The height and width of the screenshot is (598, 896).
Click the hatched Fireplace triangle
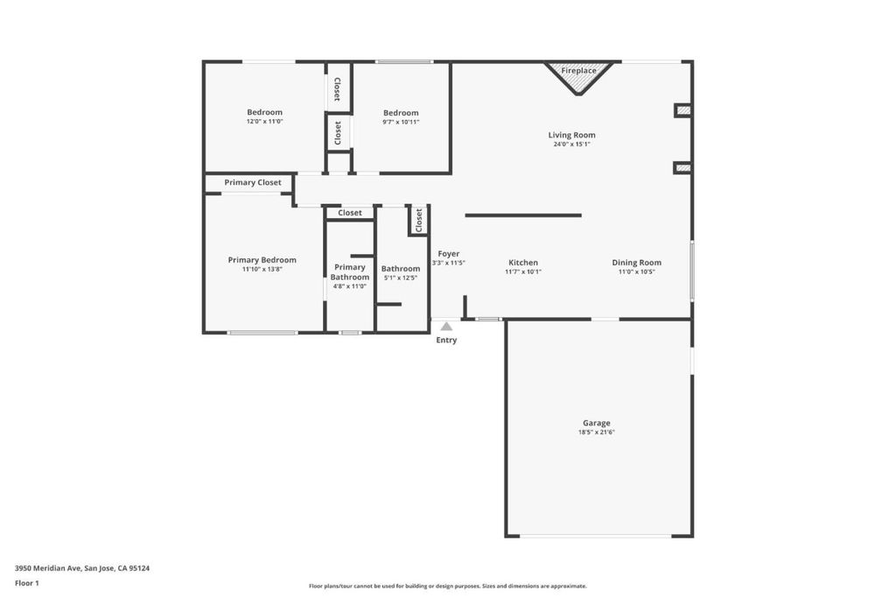(578, 78)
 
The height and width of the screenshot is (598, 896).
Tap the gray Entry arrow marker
(446, 326)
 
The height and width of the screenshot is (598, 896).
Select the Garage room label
(597, 423)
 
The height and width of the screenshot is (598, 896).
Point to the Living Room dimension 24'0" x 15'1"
(571, 144)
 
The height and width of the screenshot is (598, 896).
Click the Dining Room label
(637, 263)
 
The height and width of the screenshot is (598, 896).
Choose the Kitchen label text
(523, 263)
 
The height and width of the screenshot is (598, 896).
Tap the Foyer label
(449, 253)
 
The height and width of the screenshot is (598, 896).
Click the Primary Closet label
(253, 182)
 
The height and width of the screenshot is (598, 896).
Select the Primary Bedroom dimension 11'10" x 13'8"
(262, 269)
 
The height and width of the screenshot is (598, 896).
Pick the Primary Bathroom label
(350, 272)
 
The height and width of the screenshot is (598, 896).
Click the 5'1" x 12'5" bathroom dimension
(401, 278)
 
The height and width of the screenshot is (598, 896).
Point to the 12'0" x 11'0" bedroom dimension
(264, 121)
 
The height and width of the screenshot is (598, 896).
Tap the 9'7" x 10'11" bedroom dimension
(401, 122)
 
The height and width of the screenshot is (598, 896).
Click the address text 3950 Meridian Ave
(48, 568)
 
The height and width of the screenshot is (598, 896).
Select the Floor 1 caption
(27, 583)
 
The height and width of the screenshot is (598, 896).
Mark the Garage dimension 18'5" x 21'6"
(597, 433)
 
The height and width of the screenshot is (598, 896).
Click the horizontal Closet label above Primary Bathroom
(350, 213)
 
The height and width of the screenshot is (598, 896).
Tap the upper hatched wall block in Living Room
(682, 110)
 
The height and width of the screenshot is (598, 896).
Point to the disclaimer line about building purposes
(447, 586)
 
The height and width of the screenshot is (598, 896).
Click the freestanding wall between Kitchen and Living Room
(523, 215)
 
